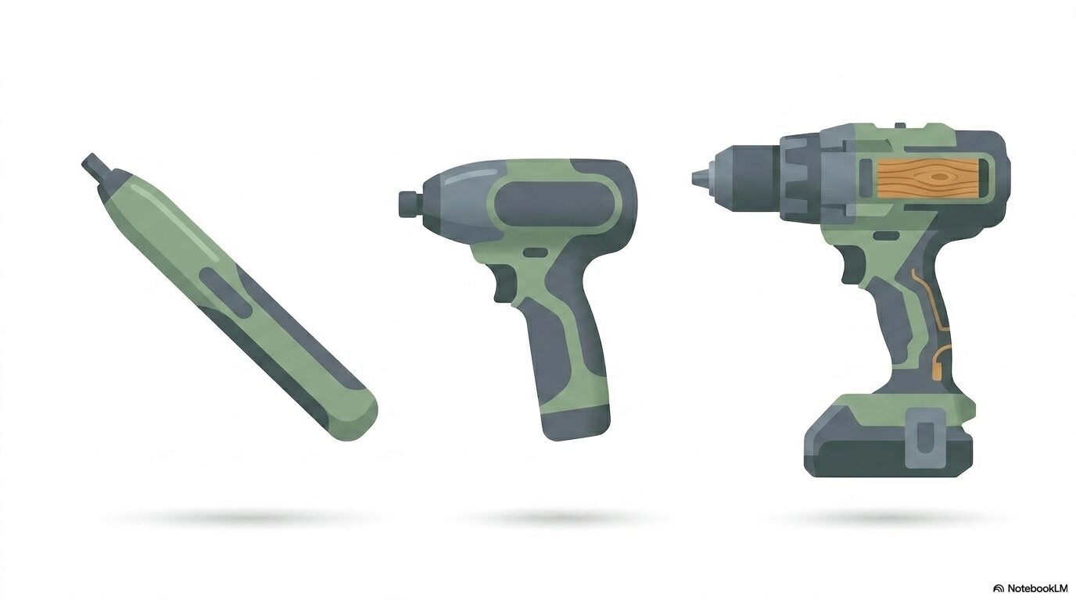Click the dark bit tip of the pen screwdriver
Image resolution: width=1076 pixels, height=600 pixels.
[x=95, y=169]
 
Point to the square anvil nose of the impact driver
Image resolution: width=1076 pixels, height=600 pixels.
[x=408, y=204]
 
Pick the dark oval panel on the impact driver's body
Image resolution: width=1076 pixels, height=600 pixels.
[x=555, y=205]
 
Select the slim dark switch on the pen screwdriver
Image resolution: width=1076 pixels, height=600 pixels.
[x=226, y=292]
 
